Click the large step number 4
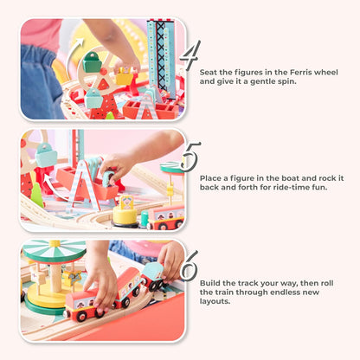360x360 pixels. coord(190,55)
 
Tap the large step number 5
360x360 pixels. coord(190,156)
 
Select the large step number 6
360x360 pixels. coord(190,266)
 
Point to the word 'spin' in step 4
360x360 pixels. coord(287,82)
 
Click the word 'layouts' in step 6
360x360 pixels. coord(215,302)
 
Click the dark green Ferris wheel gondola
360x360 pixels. coord(92,62)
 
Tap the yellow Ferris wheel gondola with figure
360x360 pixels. coord(125,75)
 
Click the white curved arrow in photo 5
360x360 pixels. coord(52,189)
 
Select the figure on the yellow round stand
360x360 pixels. coord(126,202)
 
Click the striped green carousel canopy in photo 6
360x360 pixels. coord(55,252)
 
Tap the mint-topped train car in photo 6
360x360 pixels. coord(152,275)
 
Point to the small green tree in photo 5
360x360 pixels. coord(37,195)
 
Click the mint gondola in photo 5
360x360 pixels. coord(46,155)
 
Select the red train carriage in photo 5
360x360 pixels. coord(165,217)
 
